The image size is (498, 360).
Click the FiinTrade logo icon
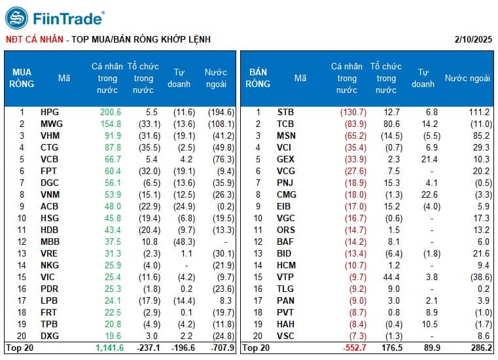pos(16,18)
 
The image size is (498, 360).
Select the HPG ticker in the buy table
pos(49,112)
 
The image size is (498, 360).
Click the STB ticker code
pos(286,112)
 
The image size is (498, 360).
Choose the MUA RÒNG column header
pos(22,78)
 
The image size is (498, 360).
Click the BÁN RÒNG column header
pos(258,78)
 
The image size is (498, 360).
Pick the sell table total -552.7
pos(353,348)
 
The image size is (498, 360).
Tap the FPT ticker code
pos(48,171)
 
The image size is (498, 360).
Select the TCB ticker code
pos(286,124)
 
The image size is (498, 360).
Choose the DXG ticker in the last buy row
pos(49,336)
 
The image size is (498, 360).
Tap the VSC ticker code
pos(286,336)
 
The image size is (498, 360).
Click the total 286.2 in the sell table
pos(478,348)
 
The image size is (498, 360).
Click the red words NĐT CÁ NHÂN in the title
pos(33,39)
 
